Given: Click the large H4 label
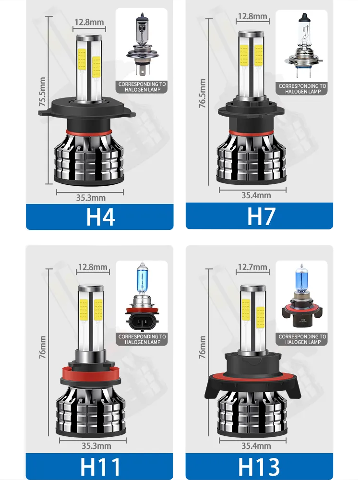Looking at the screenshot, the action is click(x=100, y=217).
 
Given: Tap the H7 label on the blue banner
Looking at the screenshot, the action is click(x=261, y=216).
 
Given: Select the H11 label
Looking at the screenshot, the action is click(x=100, y=467).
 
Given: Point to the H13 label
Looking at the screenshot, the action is click(x=259, y=467).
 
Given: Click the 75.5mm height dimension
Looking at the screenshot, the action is click(x=42, y=92).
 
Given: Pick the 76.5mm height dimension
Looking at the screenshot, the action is click(x=203, y=94).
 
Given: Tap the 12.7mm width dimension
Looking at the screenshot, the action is click(x=252, y=267).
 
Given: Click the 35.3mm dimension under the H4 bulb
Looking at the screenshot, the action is click(x=91, y=198).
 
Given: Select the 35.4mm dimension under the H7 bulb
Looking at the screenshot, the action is click(x=256, y=195).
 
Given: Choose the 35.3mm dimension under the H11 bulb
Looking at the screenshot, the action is click(x=96, y=446).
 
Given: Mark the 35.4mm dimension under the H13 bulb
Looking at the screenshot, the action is click(x=256, y=446).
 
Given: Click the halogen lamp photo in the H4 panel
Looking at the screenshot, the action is click(x=142, y=44).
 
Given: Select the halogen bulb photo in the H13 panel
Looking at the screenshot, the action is click(x=301, y=297).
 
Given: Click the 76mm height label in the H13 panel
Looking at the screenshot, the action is click(x=203, y=347).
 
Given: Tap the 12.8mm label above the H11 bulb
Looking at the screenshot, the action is click(x=93, y=267).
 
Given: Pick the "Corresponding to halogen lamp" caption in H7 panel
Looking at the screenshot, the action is click(x=302, y=89).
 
